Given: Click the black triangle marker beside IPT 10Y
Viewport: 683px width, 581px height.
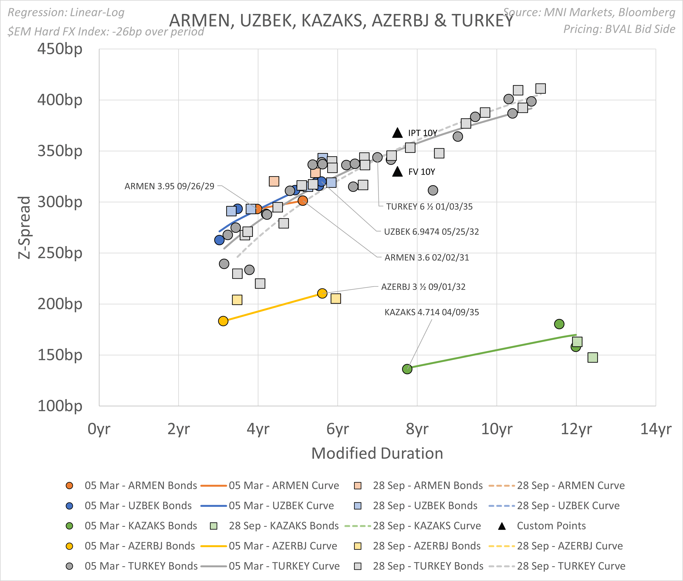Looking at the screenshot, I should [397, 133].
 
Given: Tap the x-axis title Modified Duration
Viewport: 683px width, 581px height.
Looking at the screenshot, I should [377, 453].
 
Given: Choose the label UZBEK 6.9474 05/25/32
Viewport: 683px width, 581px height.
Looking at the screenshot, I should [431, 231].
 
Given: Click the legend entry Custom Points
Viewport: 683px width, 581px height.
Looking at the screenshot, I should [551, 526].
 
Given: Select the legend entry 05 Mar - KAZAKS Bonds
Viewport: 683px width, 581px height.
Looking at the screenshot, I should [141, 526].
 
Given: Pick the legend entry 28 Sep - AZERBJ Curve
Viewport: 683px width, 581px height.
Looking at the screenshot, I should [570, 546].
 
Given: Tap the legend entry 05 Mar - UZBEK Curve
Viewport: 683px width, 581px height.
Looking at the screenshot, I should [281, 506].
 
